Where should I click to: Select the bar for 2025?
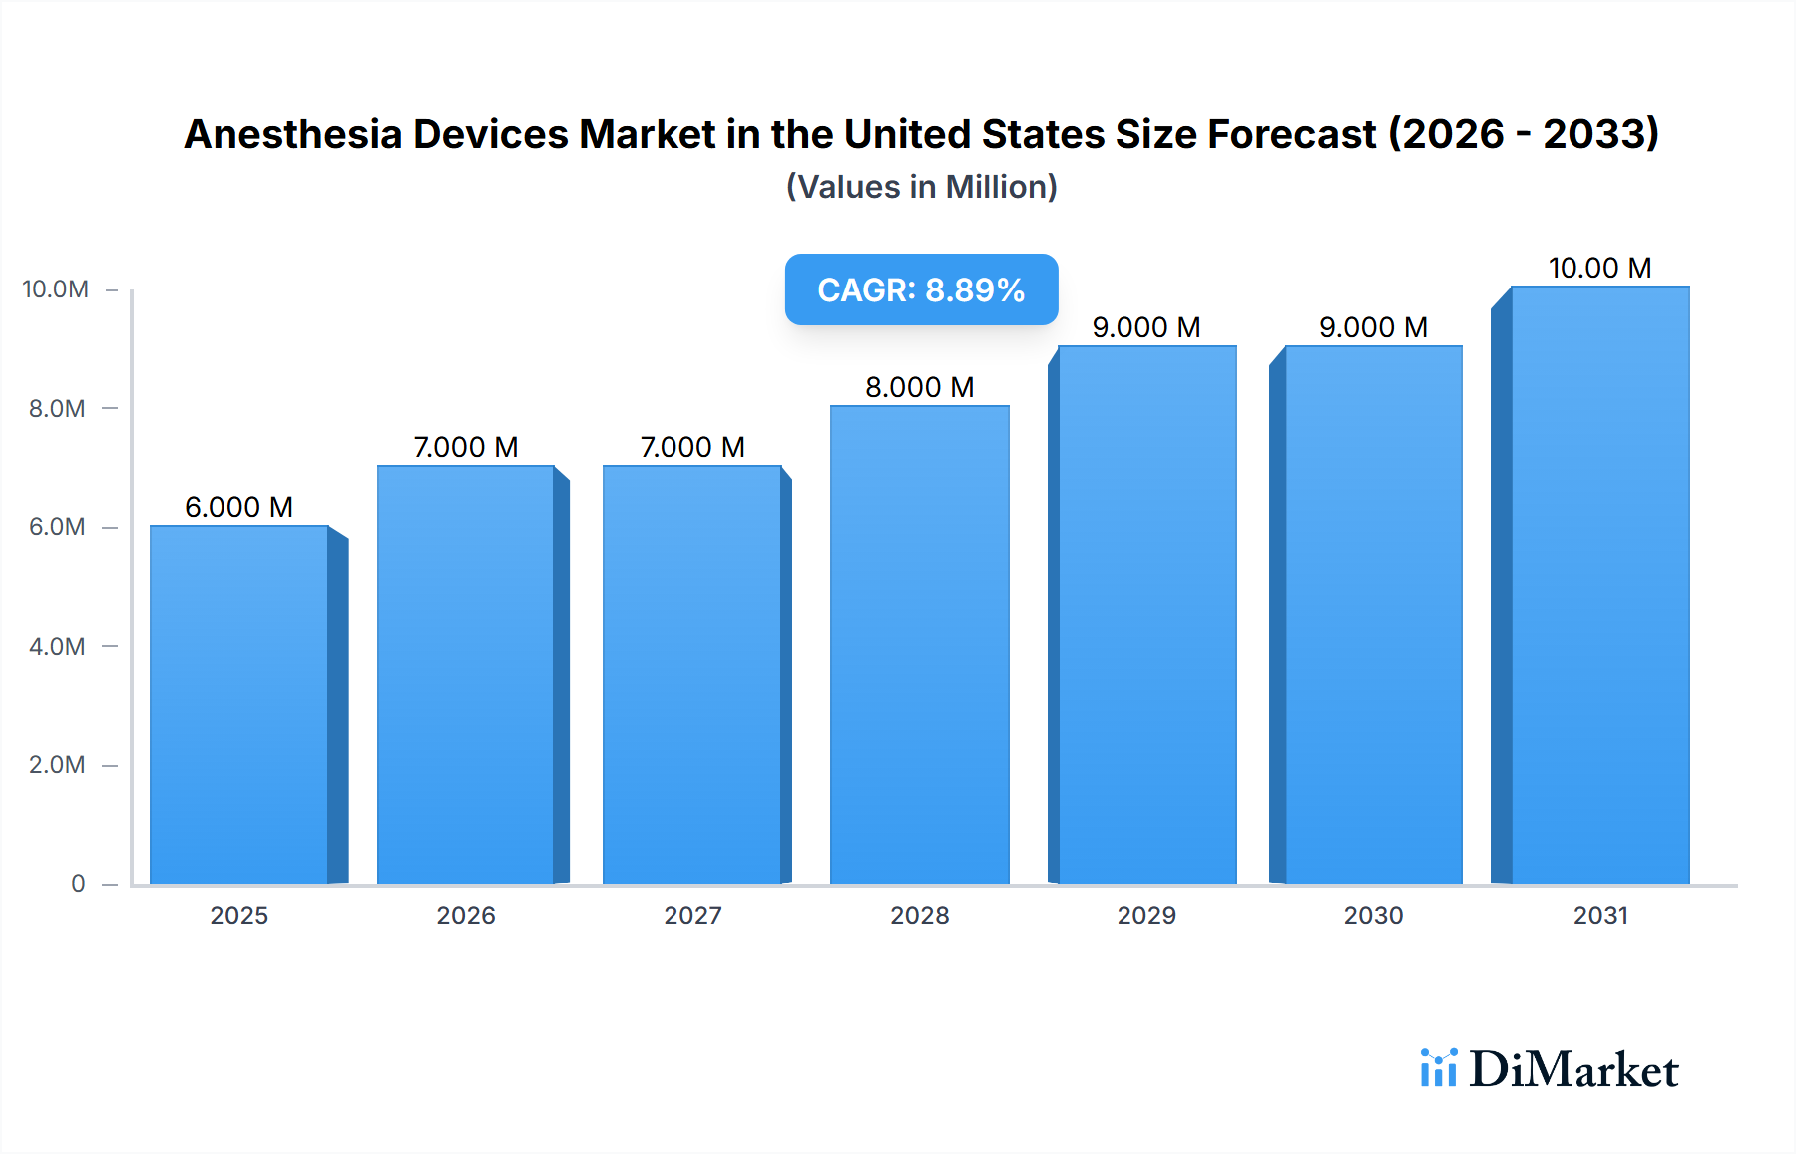(x=239, y=705)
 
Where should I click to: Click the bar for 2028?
(x=919, y=645)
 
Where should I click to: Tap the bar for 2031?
(x=1600, y=585)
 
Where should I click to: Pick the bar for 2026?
(x=466, y=675)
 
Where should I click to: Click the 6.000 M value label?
(x=238, y=507)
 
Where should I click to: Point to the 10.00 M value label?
(x=1599, y=268)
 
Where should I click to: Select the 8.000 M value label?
(x=919, y=387)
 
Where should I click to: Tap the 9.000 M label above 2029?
(x=1146, y=327)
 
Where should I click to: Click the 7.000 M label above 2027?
(x=692, y=447)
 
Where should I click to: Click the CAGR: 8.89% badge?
(x=921, y=289)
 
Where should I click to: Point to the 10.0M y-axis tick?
(x=56, y=289)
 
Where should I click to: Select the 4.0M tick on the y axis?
(x=57, y=646)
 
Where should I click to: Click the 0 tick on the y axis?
(x=78, y=883)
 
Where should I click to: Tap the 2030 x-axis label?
(x=1373, y=915)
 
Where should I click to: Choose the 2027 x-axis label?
(x=692, y=915)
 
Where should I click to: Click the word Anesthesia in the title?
(x=291, y=134)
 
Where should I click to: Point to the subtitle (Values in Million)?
(x=921, y=187)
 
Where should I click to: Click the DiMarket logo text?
(x=1573, y=1069)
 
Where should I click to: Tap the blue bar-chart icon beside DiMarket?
(x=1438, y=1067)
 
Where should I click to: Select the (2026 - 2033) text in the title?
(x=1524, y=134)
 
